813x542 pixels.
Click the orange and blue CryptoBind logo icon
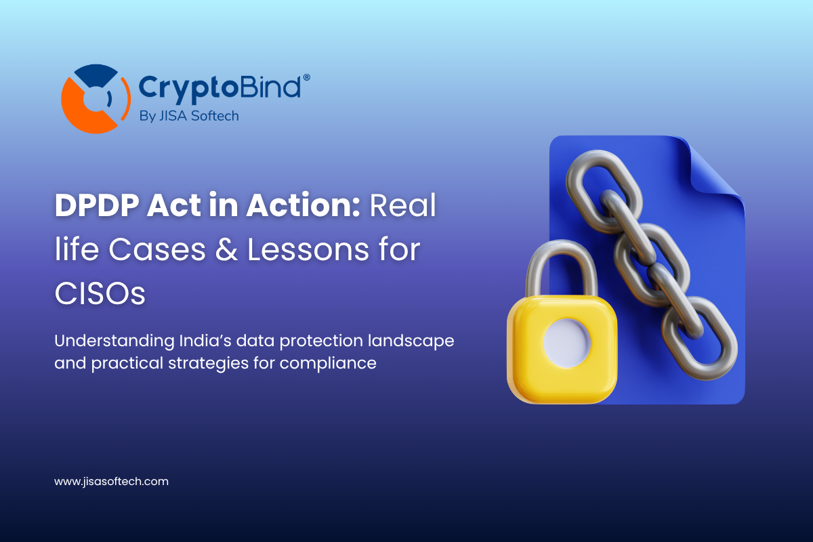pos(94,99)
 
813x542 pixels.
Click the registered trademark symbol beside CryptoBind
pos(307,78)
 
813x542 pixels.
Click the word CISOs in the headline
pos(100,295)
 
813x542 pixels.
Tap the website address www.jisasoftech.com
pos(111,482)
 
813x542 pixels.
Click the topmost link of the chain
pos(596,180)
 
